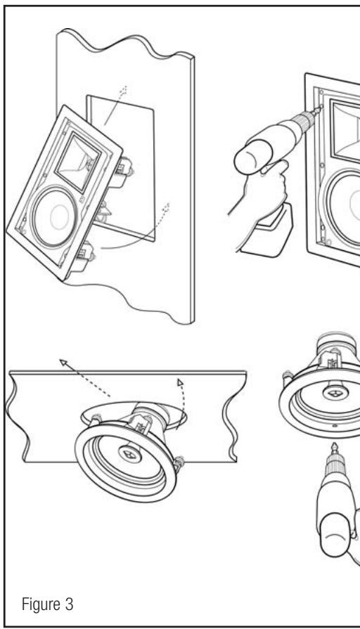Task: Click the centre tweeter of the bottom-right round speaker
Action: click(335, 392)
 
